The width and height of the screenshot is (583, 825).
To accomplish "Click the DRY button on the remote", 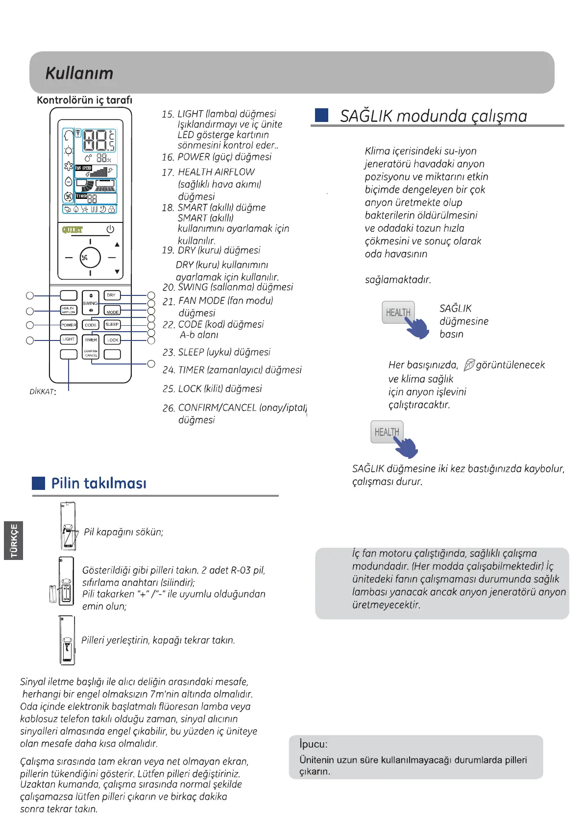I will click(x=112, y=295).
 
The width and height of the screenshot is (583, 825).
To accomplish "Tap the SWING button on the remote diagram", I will click(x=91, y=303).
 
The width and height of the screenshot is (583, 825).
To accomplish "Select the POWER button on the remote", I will click(x=69, y=325).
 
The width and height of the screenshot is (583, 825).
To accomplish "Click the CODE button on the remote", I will click(x=91, y=325).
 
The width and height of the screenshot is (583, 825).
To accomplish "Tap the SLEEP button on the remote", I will click(x=112, y=324).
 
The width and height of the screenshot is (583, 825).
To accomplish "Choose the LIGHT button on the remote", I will click(x=69, y=339).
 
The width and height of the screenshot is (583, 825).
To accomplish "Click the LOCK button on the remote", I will click(x=113, y=340).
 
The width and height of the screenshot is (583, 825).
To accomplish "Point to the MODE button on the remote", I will click(x=113, y=311).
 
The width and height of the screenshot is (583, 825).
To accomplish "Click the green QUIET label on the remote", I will click(x=73, y=230).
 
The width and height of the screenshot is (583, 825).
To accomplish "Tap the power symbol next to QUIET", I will click(x=110, y=229).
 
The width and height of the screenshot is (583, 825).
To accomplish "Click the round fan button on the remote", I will click(x=90, y=257).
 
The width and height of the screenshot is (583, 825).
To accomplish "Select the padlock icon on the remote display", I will click(x=112, y=209).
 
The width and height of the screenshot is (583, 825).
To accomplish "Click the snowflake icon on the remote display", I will click(x=69, y=167).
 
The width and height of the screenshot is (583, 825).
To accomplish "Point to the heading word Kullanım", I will click(x=79, y=73).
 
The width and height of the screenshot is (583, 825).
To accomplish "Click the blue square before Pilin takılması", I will click(x=39, y=483).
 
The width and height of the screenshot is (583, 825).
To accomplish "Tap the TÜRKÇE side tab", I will click(x=14, y=540).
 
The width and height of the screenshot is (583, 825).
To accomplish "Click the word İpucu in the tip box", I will click(x=314, y=744).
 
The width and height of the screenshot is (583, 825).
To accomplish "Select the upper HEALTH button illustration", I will click(x=398, y=313).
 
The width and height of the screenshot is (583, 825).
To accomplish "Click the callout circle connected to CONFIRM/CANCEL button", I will click(x=151, y=364).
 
